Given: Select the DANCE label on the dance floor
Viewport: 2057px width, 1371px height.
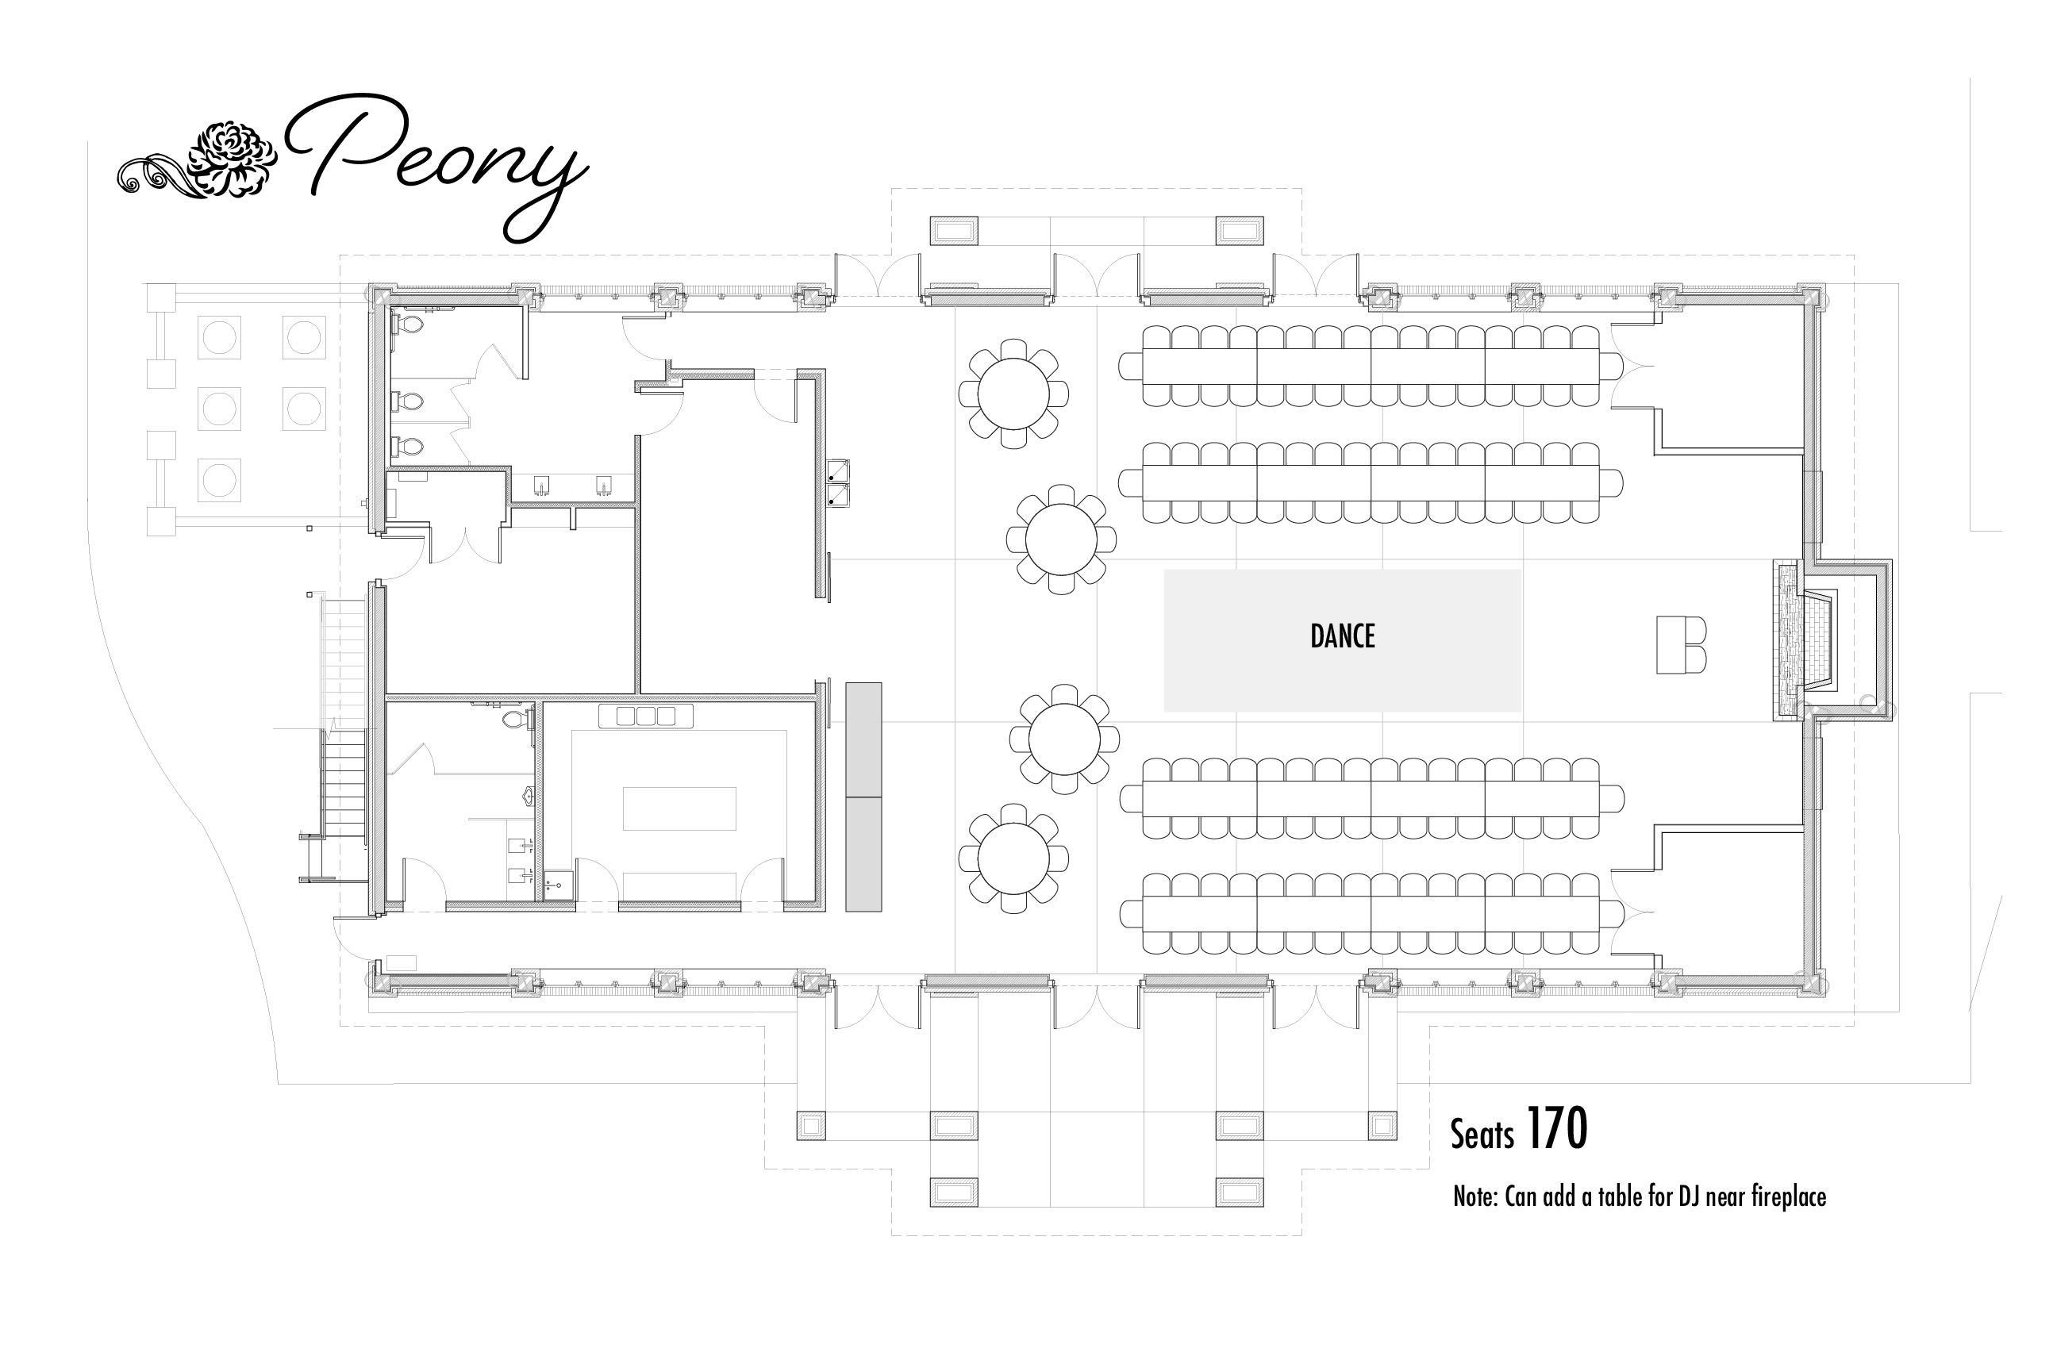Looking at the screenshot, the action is (1342, 636).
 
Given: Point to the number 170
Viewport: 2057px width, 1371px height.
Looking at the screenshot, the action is (1557, 1130).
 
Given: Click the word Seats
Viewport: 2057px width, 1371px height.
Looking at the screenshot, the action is (1482, 1135).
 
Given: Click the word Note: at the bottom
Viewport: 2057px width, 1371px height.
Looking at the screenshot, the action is (1475, 1196).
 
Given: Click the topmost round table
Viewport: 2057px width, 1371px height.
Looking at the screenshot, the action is (1013, 394).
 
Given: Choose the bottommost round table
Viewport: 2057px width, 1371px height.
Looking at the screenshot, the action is (1013, 859).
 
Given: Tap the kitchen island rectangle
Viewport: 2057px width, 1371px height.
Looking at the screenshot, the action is (679, 808).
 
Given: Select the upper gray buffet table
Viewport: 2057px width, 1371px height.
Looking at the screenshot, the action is (863, 739).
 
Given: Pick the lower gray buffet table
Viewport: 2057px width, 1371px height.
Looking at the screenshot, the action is (863, 854).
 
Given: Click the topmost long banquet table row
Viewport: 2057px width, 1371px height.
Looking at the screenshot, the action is (1371, 365).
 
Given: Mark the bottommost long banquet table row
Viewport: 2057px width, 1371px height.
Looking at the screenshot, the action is (1371, 915).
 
